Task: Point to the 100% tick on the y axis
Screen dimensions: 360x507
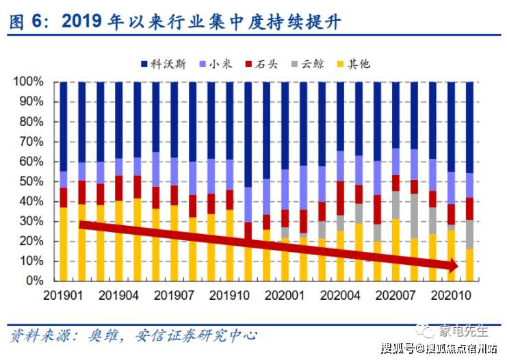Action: pos(29,82)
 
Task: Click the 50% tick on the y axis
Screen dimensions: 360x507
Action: pos(31,181)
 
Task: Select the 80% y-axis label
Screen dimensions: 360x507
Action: pos(31,122)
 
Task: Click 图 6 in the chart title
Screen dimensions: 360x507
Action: pos(23,22)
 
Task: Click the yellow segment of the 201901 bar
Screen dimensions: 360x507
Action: pos(64,244)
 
